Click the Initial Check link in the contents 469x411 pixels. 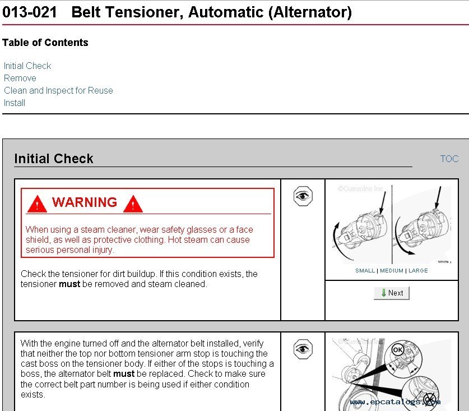[x=27, y=66]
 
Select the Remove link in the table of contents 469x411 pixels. [x=20, y=78]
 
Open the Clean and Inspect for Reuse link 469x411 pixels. [x=58, y=91]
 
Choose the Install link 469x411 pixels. [x=15, y=103]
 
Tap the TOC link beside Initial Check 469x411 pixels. [x=449, y=159]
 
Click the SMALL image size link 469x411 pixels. [x=365, y=271]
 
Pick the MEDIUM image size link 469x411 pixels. [x=392, y=271]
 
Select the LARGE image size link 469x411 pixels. [x=418, y=271]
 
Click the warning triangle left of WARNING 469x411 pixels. [x=37, y=204]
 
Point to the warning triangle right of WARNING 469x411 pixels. [x=133, y=204]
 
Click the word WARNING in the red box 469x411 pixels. [x=85, y=202]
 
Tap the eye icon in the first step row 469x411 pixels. [x=303, y=196]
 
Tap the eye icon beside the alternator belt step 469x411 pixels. [x=303, y=349]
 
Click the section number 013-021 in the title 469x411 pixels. [x=29, y=12]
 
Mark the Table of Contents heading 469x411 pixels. [x=45, y=43]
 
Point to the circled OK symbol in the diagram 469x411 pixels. [x=398, y=350]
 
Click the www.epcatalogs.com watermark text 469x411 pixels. [x=395, y=401]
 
